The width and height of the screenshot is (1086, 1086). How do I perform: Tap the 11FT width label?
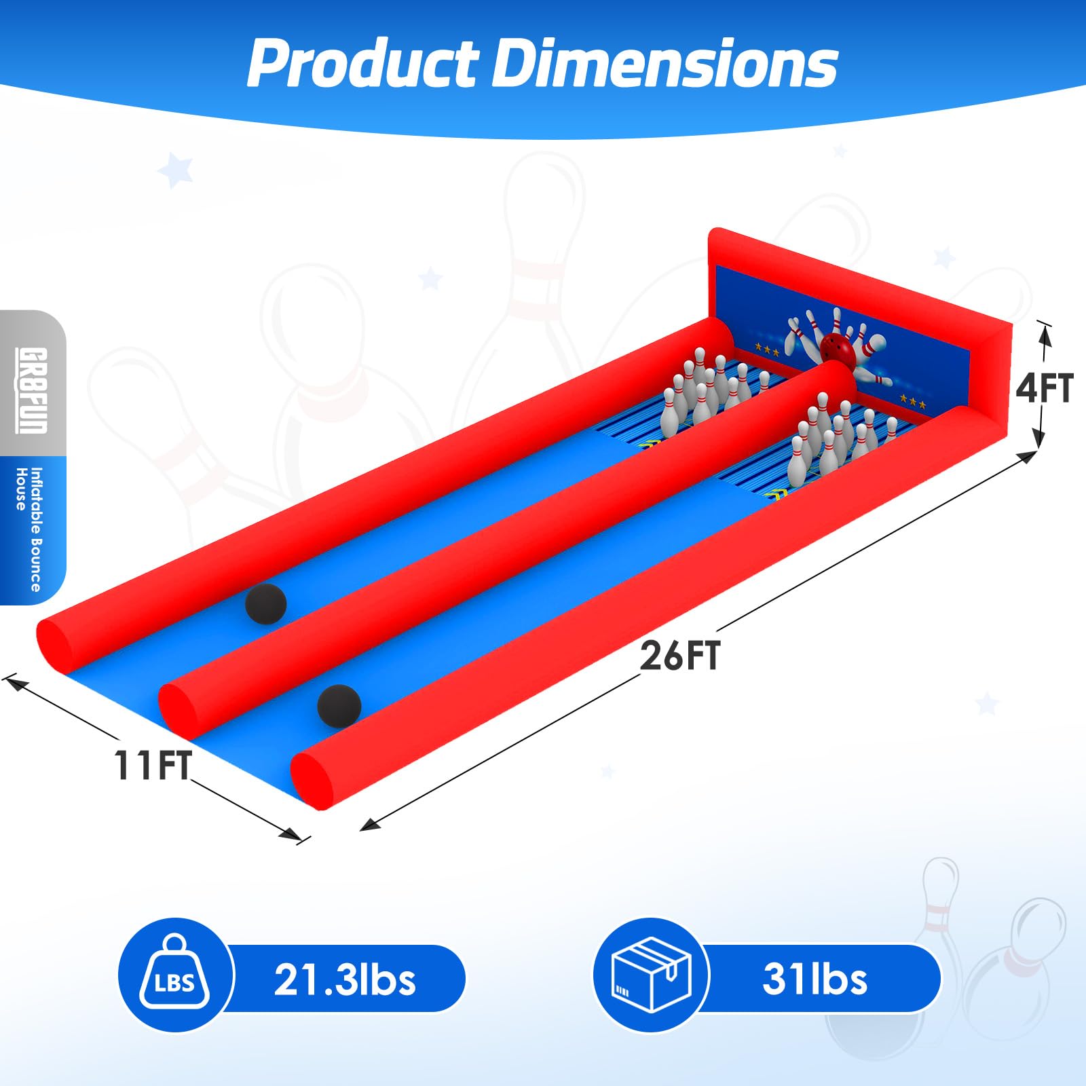click(153, 766)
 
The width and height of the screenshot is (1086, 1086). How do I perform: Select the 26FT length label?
click(679, 656)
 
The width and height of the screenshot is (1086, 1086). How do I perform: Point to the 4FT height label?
click(1045, 388)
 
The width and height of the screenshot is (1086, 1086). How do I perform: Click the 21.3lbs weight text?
click(345, 979)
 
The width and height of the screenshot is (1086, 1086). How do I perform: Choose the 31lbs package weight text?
click(814, 979)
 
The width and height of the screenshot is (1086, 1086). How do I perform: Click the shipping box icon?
click(651, 975)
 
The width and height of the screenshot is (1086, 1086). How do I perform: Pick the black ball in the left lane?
click(266, 603)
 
